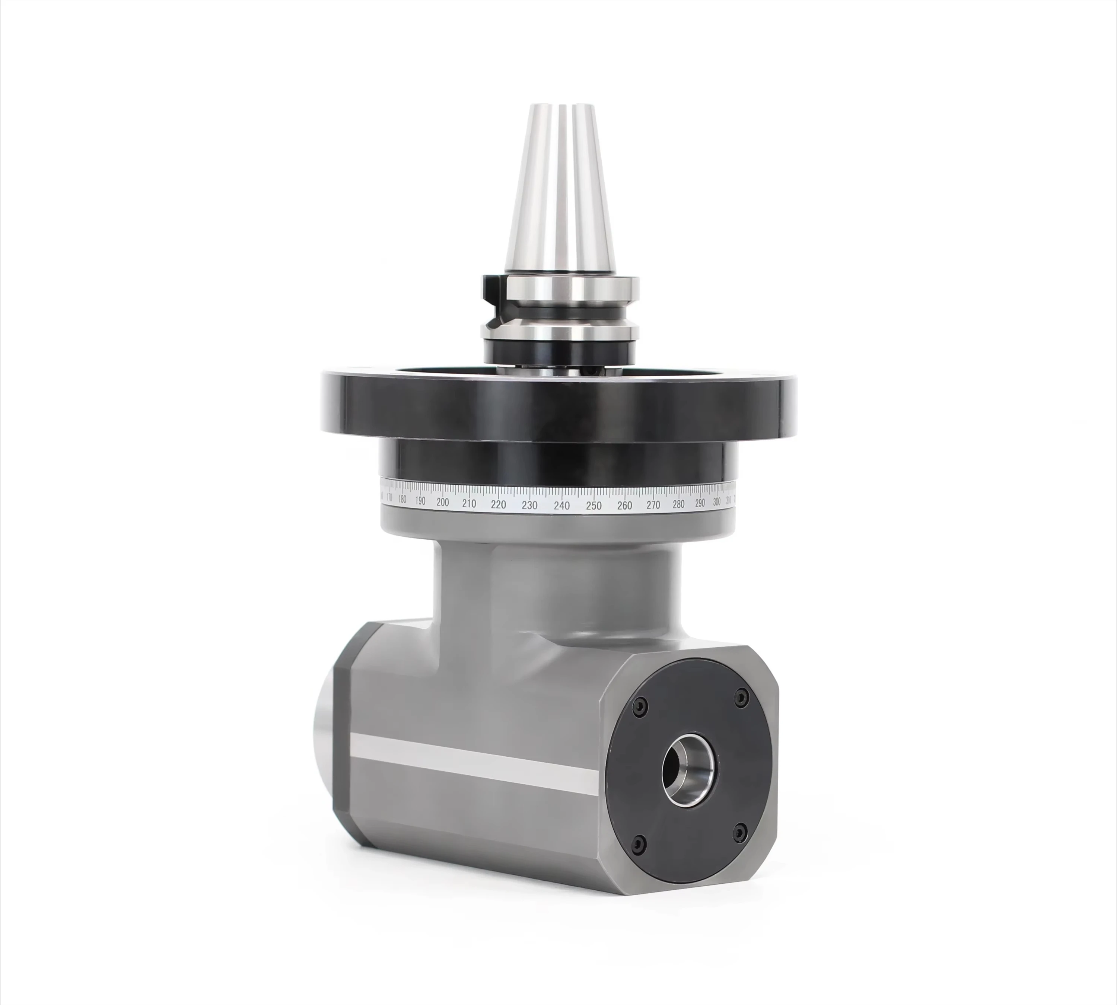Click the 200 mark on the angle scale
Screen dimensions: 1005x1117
coord(442,502)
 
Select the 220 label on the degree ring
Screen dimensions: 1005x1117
coord(498,504)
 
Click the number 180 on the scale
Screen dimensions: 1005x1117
coord(402,499)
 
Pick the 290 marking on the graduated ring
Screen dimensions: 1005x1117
coord(700,503)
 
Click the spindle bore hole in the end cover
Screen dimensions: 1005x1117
coord(687,769)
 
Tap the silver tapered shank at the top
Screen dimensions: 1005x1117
coord(558,188)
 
